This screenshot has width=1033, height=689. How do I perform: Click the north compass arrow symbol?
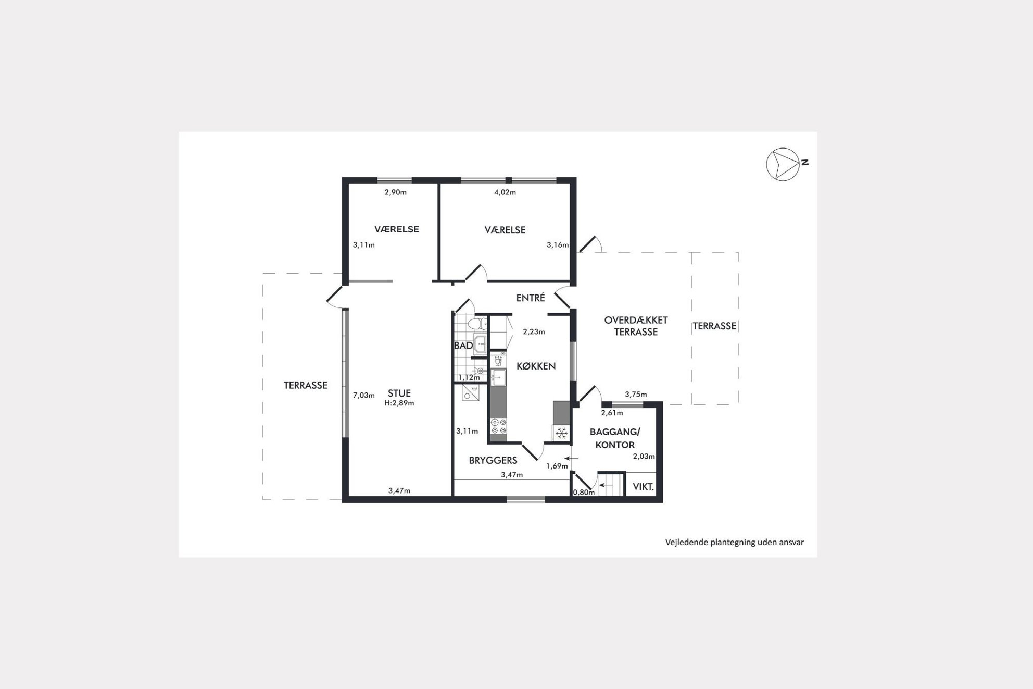coord(783,164)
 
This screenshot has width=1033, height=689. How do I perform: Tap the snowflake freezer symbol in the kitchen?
coord(561,433)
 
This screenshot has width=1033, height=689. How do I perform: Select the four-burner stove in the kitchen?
coord(498,426)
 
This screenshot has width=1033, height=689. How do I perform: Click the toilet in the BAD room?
coord(476,324)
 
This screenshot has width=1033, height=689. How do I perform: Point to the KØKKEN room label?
coord(536,366)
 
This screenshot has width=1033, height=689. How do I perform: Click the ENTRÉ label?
coord(531,298)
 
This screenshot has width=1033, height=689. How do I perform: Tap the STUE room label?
coord(399,393)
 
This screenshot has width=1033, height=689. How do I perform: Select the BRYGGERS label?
coord(493,460)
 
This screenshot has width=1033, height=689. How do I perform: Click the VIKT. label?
coord(643,487)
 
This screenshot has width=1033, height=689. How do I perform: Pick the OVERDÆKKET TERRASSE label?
coord(636,326)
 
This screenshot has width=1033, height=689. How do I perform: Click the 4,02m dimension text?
coord(505,192)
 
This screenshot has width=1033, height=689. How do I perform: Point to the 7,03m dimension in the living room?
coord(364,395)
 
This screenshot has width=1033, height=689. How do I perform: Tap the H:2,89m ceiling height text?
coord(399,403)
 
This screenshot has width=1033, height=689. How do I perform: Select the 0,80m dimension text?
coord(584,492)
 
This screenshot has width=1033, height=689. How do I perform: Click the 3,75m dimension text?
coord(636,394)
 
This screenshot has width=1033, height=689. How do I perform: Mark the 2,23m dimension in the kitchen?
coord(534,331)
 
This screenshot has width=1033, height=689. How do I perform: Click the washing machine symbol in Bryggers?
coord(470,393)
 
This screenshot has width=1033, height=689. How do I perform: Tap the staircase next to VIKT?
coord(611,485)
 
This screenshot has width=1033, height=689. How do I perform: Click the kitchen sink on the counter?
coord(498,377)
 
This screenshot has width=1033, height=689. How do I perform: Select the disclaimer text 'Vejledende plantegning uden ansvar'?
coord(734,542)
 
